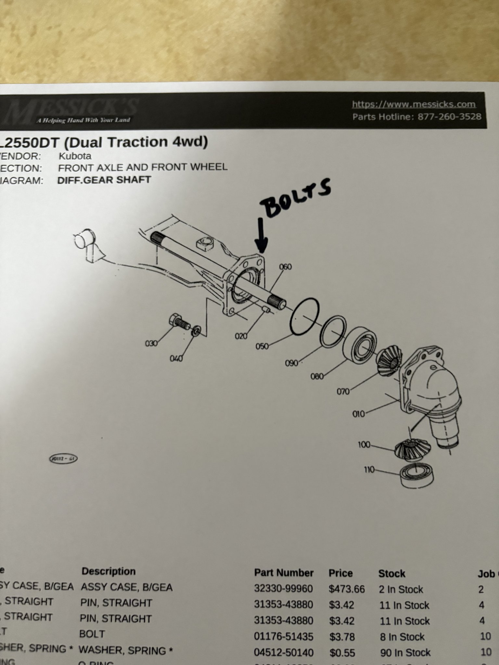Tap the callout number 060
(285, 267)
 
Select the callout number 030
(151, 343)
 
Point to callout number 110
(369, 470)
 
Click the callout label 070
(343, 391)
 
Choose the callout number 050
(262, 346)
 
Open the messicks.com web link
(414, 105)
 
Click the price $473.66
(346, 589)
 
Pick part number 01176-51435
(283, 636)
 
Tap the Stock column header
(391, 574)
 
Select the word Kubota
(75, 156)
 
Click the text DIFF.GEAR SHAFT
(104, 180)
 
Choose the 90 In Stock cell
(405, 652)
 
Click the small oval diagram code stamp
(63, 459)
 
